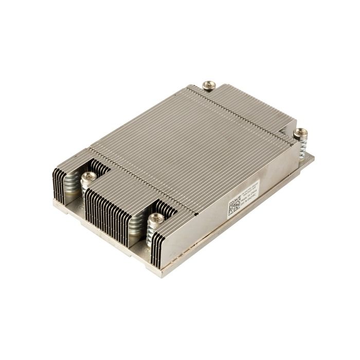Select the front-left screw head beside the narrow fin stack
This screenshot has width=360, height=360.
87,177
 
